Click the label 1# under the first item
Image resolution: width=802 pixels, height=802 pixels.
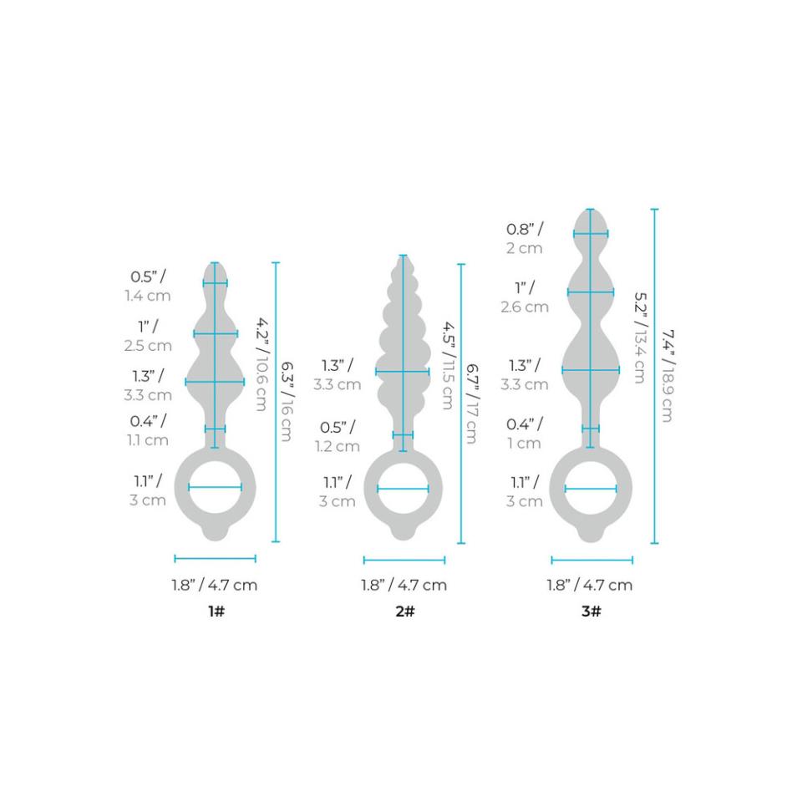[x=216, y=612]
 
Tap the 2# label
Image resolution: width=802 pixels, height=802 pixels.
[x=404, y=612]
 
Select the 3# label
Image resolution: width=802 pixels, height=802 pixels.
[x=591, y=612]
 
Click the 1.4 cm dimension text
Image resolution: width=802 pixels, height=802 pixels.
[x=148, y=296]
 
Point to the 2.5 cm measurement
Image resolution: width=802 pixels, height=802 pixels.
[x=149, y=345]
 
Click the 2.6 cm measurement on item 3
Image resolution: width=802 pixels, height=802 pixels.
[x=524, y=307]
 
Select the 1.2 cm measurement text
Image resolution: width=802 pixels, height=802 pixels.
[x=338, y=446]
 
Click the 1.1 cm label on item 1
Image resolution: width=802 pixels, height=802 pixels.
[x=148, y=439]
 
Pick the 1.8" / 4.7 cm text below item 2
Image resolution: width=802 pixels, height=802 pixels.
[x=404, y=585]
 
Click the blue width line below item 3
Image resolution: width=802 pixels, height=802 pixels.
[x=591, y=560]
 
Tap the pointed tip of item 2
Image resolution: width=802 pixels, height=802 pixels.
[x=404, y=257]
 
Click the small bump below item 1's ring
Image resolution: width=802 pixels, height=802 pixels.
[x=216, y=533]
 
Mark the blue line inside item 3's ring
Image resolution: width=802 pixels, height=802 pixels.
[x=591, y=488]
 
